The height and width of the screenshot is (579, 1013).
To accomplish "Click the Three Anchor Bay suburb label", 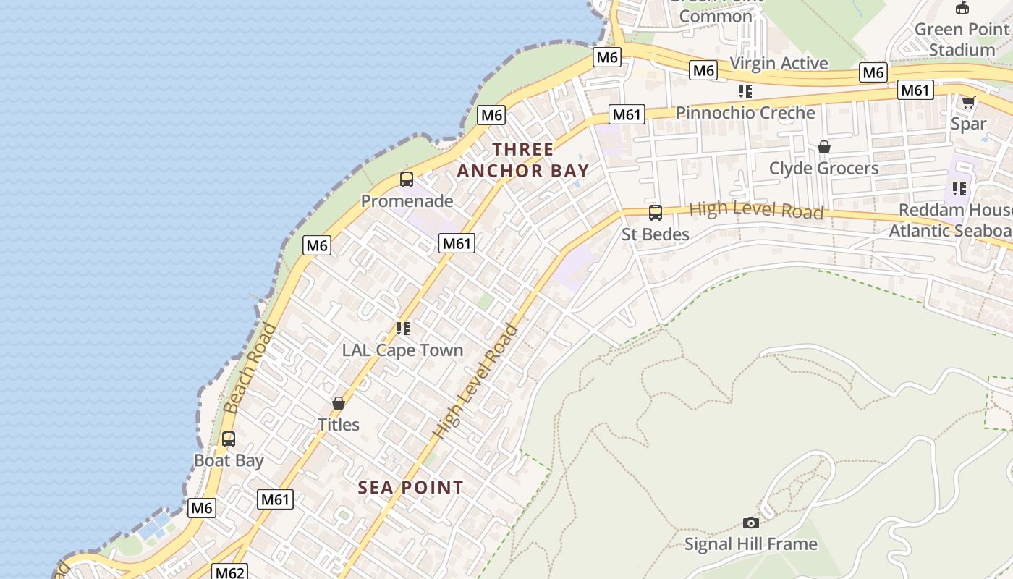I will (523, 160).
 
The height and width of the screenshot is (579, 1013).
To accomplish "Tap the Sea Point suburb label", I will (410, 488).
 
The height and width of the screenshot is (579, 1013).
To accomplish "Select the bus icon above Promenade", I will (407, 179).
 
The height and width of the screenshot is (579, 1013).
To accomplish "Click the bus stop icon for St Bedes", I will (656, 213).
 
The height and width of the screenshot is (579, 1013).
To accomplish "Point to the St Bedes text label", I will (656, 234).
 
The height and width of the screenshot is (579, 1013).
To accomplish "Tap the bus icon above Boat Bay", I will (229, 439).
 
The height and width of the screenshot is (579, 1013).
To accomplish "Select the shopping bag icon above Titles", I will (339, 403).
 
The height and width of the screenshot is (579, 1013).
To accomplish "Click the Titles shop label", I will (339, 425).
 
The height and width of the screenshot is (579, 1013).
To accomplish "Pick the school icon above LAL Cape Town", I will (403, 329).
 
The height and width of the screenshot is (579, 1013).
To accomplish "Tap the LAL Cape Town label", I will (402, 350).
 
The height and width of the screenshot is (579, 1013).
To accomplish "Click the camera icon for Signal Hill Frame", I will (751, 523).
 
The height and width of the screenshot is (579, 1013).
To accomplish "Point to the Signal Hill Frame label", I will (751, 544).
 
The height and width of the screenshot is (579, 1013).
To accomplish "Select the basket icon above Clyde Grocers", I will (823, 147).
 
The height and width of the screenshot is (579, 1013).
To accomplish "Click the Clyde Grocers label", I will (823, 169).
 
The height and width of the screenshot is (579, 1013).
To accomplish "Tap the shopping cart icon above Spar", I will (968, 102).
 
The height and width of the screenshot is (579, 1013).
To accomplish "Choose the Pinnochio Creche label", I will (745, 113).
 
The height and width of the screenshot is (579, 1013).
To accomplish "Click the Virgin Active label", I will (779, 64).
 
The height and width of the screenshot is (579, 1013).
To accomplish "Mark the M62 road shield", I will (230, 572).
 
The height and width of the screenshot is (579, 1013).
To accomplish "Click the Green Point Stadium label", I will (962, 40).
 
